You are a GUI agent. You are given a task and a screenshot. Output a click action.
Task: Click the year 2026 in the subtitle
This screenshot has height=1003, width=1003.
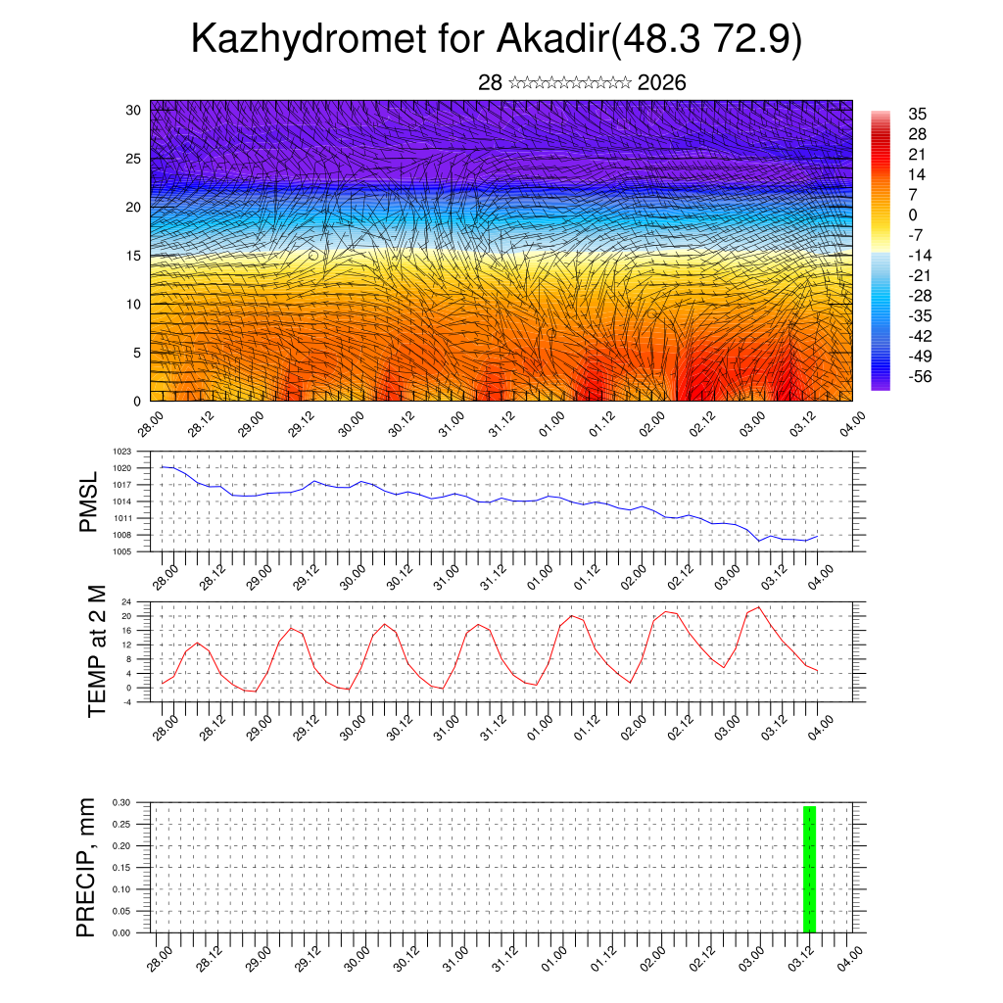[x=661, y=82]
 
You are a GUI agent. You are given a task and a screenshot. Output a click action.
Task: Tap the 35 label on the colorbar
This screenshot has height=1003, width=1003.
[x=918, y=115]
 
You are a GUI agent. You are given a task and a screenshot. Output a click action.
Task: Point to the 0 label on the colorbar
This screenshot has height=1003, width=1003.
[x=913, y=215]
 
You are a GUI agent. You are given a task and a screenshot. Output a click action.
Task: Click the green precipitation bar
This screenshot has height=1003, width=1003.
[x=809, y=869]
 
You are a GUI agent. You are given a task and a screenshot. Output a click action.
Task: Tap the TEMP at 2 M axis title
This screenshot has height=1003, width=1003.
[x=96, y=651]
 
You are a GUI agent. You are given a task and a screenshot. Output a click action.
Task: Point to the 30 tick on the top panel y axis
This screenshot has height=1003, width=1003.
[x=133, y=110]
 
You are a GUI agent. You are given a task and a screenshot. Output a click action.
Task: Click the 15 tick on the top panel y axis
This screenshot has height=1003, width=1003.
[x=133, y=256]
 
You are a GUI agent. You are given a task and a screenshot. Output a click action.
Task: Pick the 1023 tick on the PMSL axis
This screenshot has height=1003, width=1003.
[x=121, y=452]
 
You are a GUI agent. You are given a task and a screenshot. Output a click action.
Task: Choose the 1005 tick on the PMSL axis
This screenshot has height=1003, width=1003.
[x=121, y=551]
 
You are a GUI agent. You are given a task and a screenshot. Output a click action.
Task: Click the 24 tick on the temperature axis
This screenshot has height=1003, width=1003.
[x=126, y=601]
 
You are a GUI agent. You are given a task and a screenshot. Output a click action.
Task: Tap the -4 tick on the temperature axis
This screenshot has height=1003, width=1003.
[x=126, y=701]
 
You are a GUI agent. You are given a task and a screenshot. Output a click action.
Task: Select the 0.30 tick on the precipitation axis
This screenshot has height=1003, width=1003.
[x=121, y=801]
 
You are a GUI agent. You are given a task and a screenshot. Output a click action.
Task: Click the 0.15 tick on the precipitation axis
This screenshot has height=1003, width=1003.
[x=121, y=867]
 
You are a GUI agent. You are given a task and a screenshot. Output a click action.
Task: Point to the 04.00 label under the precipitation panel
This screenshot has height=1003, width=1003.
[x=851, y=957]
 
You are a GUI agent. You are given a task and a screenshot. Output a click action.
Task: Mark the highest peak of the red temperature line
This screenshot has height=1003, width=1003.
[x=758, y=607]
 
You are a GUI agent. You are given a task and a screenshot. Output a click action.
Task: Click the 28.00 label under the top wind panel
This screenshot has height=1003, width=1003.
[x=150, y=426]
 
